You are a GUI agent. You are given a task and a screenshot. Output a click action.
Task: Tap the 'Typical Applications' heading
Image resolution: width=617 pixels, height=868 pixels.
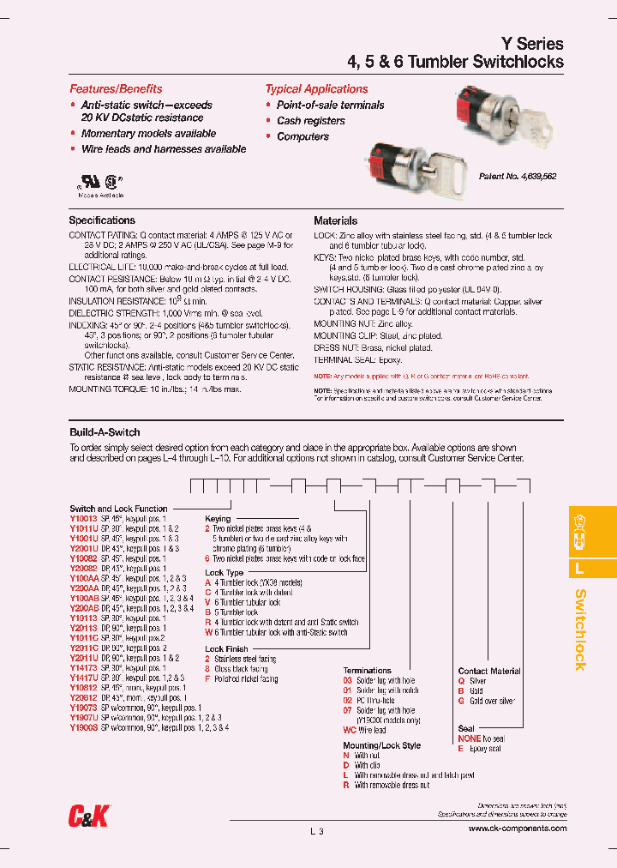click(x=316, y=89)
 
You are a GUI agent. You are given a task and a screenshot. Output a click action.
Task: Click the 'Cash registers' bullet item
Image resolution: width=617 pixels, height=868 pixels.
click(x=310, y=121)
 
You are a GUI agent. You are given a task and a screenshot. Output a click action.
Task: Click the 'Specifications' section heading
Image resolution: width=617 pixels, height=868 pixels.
click(x=102, y=220)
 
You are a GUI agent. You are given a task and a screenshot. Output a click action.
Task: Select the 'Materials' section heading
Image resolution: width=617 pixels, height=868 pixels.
click(x=335, y=220)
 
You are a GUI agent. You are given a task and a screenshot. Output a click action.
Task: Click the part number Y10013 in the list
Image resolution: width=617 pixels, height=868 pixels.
click(x=83, y=519)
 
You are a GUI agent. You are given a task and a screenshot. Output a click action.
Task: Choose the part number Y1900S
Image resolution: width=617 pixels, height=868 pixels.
click(x=83, y=727)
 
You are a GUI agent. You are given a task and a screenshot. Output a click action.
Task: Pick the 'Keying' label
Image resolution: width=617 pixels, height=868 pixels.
click(x=218, y=519)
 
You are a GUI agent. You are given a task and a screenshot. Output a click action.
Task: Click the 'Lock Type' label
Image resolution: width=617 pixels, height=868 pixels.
click(x=224, y=572)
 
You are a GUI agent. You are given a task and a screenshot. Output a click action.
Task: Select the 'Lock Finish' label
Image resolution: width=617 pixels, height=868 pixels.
click(x=226, y=649)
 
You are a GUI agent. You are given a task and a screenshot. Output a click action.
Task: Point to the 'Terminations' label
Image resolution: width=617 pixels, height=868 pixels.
click(x=367, y=670)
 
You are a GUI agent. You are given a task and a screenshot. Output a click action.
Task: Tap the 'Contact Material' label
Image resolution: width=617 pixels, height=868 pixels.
click(x=488, y=671)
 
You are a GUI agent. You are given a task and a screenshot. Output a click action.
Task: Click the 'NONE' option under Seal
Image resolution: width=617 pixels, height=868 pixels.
click(x=469, y=738)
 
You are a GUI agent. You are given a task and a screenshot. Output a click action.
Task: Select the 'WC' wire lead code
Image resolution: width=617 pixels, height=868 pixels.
click(x=349, y=730)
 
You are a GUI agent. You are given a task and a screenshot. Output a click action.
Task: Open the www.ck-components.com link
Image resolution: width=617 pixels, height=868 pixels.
click(x=517, y=829)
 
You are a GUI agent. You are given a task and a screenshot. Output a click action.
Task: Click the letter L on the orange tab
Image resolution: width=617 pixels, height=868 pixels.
click(x=579, y=568)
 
